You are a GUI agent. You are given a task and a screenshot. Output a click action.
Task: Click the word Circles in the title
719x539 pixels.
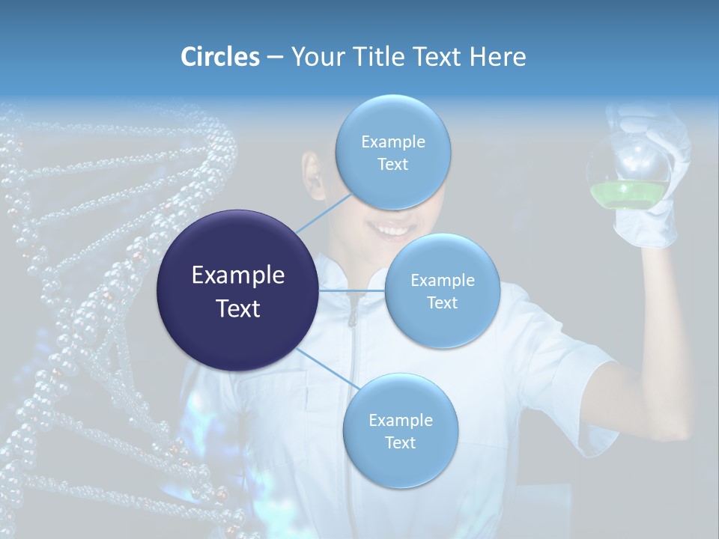[220, 57]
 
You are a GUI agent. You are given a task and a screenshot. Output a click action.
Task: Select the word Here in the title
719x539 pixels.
[497, 57]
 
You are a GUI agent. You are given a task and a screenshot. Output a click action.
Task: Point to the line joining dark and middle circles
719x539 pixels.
[352, 290]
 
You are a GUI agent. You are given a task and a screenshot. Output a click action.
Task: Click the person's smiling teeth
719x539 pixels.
[392, 227]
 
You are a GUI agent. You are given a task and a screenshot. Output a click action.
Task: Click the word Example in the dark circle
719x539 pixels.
[238, 275]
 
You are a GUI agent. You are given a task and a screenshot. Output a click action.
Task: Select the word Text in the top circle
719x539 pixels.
[392, 165]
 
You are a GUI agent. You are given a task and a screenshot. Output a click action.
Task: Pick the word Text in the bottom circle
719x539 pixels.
[400, 443]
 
